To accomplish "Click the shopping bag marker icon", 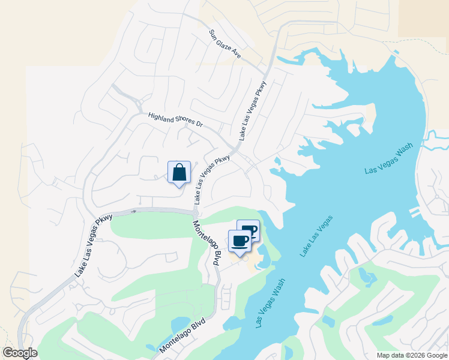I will pos(179,173).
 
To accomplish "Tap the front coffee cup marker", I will pos(240,241).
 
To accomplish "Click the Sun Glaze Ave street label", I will pos(225,44).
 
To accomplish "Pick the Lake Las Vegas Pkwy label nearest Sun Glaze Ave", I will pos(253,110).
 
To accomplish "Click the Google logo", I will pos(20,353).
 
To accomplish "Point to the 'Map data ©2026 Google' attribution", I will pos(412,355).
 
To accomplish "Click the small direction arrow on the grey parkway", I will pos(134,211).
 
